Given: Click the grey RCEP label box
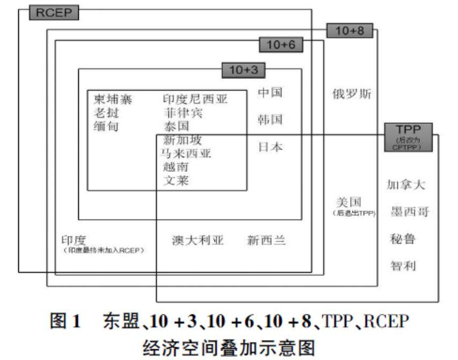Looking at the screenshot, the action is click(54, 13).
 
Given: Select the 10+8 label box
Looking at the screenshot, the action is click(349, 31).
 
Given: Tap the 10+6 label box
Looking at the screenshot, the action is click(281, 45).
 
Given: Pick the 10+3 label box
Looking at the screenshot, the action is click(243, 70).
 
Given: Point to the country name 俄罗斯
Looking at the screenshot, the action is click(352, 94).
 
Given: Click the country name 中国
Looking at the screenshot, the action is click(270, 93).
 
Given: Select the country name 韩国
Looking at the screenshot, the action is click(270, 119).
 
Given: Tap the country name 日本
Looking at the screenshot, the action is click(270, 147).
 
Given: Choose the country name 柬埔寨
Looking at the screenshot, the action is click(113, 99).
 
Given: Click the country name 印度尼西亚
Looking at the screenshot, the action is click(195, 99).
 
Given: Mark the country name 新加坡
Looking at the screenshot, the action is click(182, 141).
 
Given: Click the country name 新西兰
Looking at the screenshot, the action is click(267, 240).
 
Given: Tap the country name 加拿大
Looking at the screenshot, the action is click(406, 185).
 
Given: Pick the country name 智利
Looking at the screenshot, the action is click(403, 266).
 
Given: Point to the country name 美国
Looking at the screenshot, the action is click(349, 202).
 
